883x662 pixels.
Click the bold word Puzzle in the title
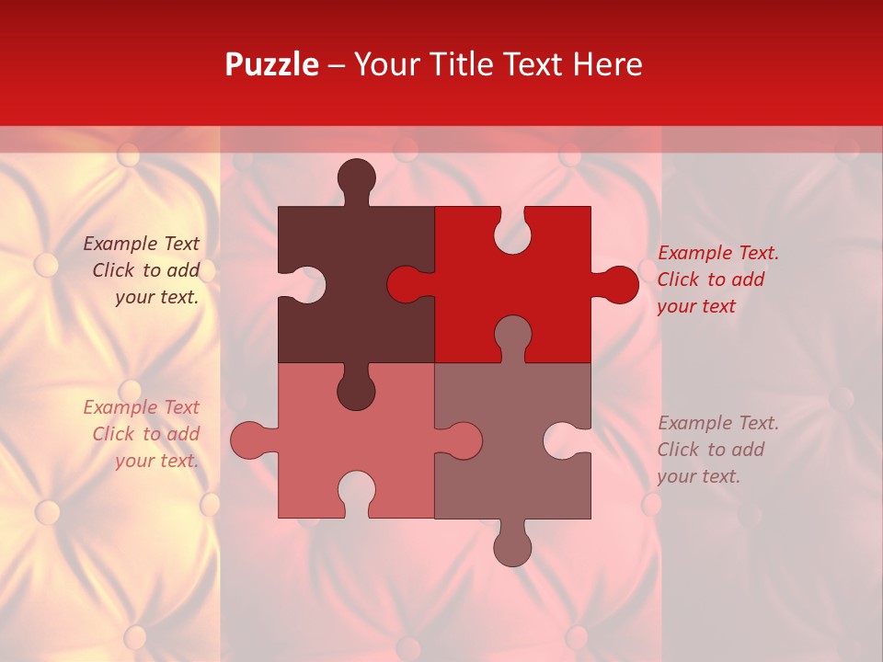point(271,64)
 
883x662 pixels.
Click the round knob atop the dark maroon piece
point(356,177)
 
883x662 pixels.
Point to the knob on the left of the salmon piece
point(249,440)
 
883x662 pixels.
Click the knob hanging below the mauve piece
point(512,547)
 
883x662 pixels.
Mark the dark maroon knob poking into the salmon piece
point(356,391)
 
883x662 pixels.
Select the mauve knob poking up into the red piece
point(512,334)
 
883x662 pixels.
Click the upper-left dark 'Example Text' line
point(141,244)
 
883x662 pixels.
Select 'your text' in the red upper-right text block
point(696,306)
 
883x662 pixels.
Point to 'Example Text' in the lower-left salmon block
point(141,407)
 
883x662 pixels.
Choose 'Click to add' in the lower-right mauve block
point(710,450)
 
